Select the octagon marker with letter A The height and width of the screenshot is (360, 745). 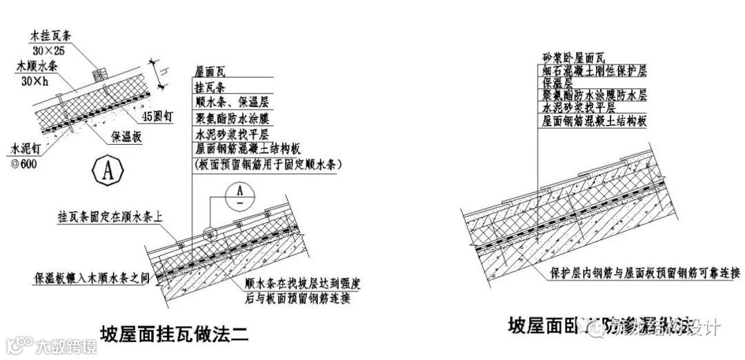pos(108,171)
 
